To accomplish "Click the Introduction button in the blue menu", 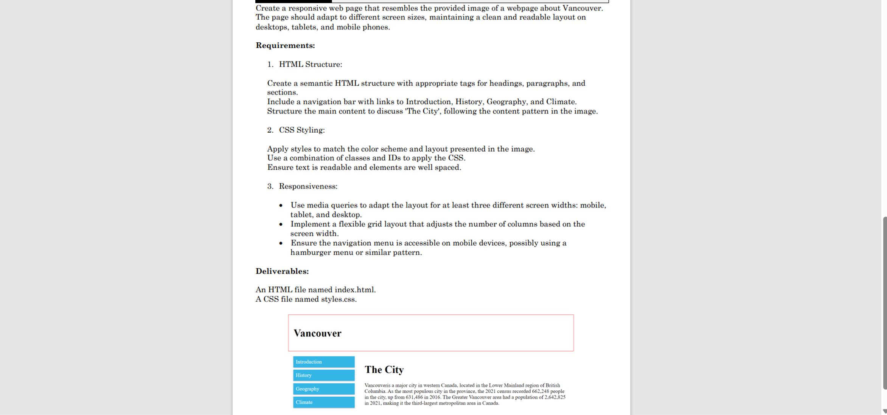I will tap(323, 362).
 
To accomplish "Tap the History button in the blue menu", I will tap(323, 375).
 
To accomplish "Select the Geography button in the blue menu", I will tap(323, 389).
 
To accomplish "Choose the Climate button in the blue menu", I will tap(323, 402).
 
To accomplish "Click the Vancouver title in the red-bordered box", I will tap(317, 333).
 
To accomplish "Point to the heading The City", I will tap(384, 370).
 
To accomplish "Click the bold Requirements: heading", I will tap(285, 45).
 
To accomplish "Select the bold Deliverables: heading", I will tap(282, 271).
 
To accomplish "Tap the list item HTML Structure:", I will tap(310, 64).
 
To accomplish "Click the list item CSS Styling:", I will tap(301, 130).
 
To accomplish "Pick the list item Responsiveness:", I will tap(308, 186).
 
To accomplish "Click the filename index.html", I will tap(354, 290).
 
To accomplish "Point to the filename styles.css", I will tap(338, 299).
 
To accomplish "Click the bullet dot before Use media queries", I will tap(281, 206).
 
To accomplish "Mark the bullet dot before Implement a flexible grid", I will tap(281, 225).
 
